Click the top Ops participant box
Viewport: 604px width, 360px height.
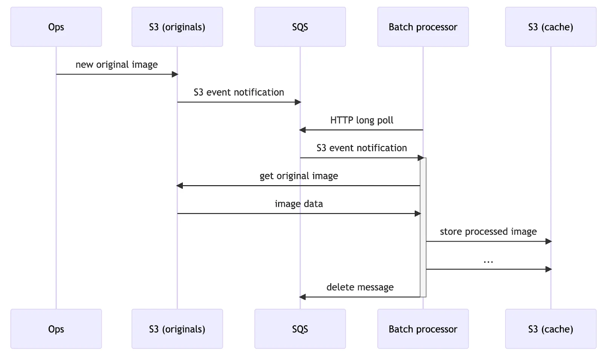pyautogui.click(x=56, y=27)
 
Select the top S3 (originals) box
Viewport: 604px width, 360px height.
pyautogui.click(x=177, y=27)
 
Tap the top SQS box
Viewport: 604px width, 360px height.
pyautogui.click(x=300, y=27)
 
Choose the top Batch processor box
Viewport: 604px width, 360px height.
pyautogui.click(x=423, y=27)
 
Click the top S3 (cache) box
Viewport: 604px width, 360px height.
pyautogui.click(x=550, y=27)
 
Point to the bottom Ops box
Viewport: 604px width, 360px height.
pyautogui.click(x=56, y=329)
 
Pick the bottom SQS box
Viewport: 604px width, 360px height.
pyautogui.click(x=300, y=329)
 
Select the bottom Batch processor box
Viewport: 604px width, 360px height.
pyautogui.click(x=423, y=329)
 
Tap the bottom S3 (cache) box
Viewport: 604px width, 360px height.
pyautogui.click(x=550, y=329)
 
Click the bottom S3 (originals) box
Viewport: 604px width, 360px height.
pyautogui.click(x=177, y=329)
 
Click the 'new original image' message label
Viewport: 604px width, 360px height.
pyautogui.click(x=117, y=65)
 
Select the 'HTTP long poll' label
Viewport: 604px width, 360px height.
pyautogui.click(x=362, y=120)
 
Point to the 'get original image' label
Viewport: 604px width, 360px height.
pyautogui.click(x=299, y=176)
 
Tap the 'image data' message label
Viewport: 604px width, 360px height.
pyautogui.click(x=299, y=204)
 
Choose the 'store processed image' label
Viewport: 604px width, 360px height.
pyautogui.click(x=488, y=231)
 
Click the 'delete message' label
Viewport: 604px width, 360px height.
pyautogui.click(x=360, y=287)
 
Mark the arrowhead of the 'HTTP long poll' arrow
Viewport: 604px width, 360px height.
pyautogui.click(x=302, y=130)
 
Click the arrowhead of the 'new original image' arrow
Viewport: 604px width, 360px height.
pyautogui.click(x=175, y=74)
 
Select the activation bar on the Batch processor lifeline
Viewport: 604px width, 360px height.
pyautogui.click(x=423, y=226)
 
